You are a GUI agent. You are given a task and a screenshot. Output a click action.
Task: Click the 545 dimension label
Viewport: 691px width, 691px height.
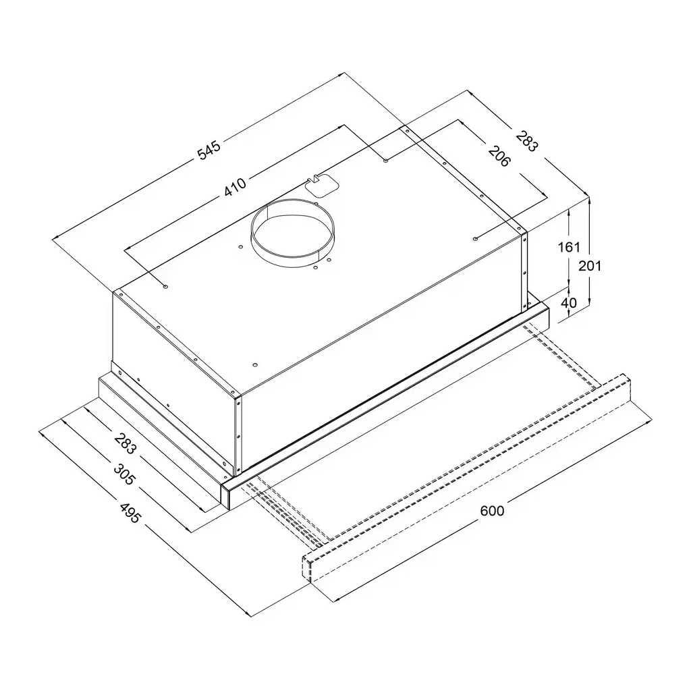click(209, 150)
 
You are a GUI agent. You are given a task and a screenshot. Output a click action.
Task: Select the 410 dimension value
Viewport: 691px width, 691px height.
click(236, 186)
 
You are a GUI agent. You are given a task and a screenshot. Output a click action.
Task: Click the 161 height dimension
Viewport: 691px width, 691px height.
click(568, 247)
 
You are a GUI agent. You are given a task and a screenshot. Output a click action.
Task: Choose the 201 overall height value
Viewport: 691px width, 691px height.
click(590, 266)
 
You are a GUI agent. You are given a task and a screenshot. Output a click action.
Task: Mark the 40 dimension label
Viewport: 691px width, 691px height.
click(569, 302)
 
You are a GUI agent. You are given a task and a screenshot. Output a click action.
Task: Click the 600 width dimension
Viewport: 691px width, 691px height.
click(492, 511)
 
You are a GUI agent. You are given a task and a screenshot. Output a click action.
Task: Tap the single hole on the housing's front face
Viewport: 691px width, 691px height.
click(254, 365)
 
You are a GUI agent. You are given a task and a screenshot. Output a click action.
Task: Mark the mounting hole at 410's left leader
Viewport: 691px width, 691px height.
click(165, 287)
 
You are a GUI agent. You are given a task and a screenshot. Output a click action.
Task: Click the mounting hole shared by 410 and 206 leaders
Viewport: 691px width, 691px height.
click(385, 161)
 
